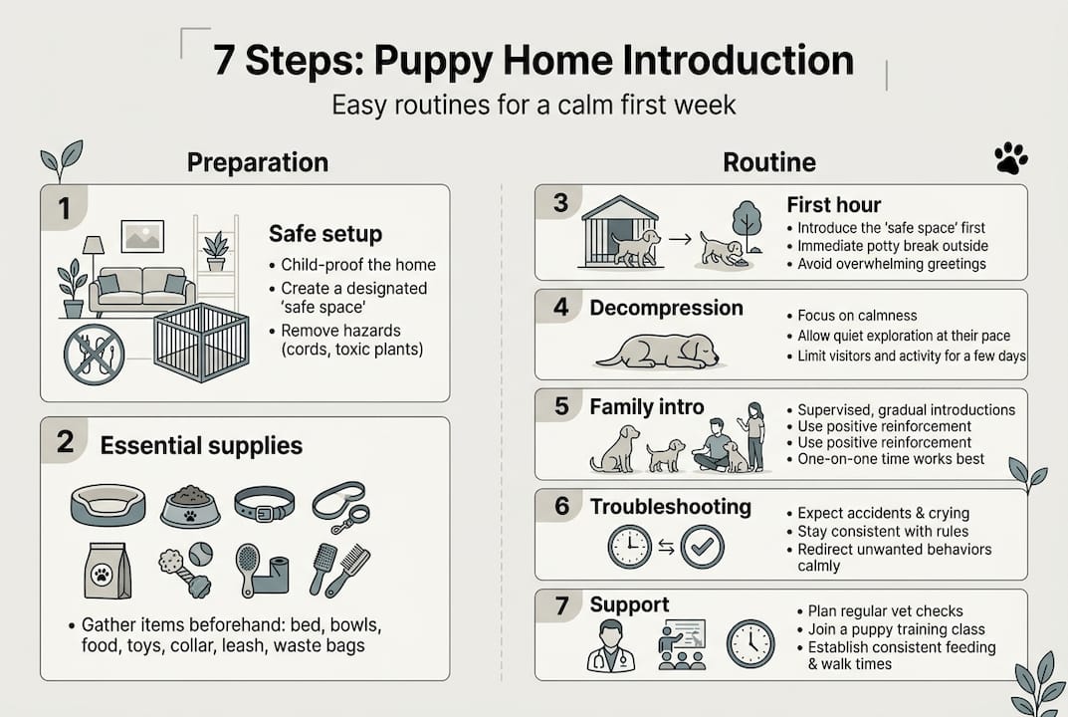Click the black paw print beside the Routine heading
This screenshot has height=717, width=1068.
point(1011,158)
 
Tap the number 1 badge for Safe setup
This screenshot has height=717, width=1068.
point(64,208)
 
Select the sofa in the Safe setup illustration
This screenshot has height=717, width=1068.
point(142,292)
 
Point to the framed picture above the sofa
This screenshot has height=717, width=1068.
point(142,236)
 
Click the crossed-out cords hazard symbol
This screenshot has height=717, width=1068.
point(94,355)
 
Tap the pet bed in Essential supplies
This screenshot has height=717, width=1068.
point(107,505)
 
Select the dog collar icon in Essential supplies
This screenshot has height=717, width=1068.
point(265,504)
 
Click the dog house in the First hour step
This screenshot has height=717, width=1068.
point(620,232)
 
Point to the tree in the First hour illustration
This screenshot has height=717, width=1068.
point(748,223)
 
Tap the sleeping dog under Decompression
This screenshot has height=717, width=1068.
point(657,352)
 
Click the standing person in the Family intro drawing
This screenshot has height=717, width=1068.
point(754,437)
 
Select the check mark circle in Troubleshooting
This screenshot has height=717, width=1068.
point(703,546)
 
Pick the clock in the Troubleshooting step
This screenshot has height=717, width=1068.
point(629,547)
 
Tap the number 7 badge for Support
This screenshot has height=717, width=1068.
point(560,605)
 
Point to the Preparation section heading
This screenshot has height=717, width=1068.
point(258,163)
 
